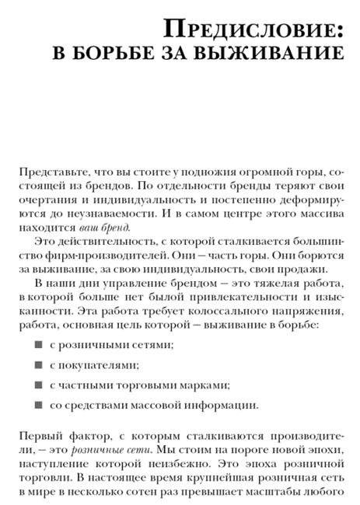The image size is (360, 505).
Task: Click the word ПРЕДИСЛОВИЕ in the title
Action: pos(250,31)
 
